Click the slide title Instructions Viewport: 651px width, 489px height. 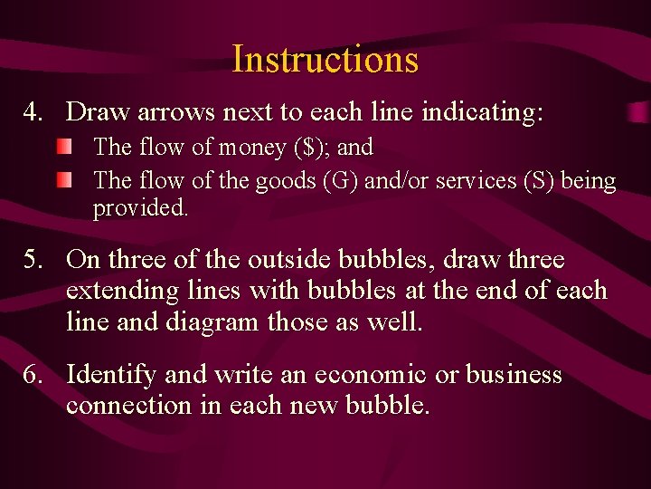point(325,60)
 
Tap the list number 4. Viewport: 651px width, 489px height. point(33,113)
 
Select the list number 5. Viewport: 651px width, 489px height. point(33,261)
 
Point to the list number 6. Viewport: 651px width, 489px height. point(33,375)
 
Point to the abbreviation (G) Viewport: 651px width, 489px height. point(338,181)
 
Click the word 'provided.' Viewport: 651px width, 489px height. point(141,208)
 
